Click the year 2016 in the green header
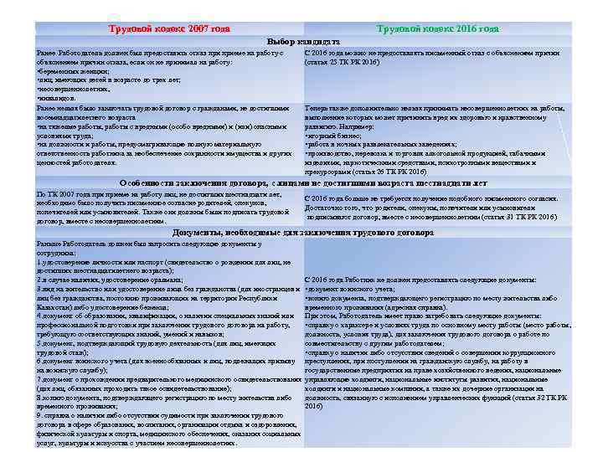pos(466,28)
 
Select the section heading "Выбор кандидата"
pos(302,40)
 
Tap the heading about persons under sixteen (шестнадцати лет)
pos(302,182)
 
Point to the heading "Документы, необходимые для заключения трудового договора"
pos(302,232)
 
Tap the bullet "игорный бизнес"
pos(334,134)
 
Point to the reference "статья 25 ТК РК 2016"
pos(343,62)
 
